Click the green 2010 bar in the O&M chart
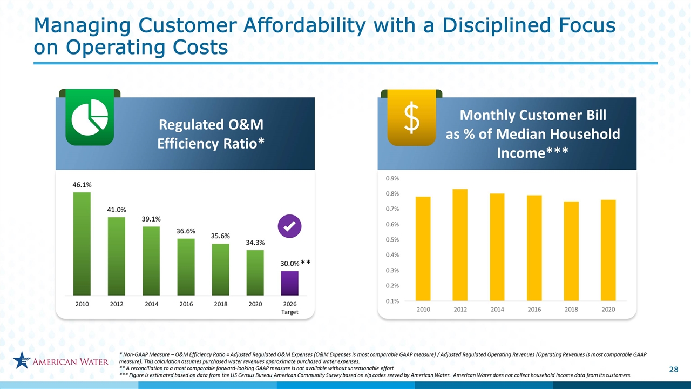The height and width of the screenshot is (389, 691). click(82, 244)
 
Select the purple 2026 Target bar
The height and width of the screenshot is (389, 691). click(289, 283)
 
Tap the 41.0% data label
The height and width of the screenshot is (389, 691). click(117, 210)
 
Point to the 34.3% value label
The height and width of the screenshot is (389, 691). click(255, 243)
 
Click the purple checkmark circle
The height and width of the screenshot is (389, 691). click(290, 226)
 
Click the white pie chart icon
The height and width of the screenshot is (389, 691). click(90, 117)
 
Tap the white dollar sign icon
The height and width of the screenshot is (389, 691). click(412, 118)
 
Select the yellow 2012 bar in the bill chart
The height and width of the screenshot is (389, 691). click(460, 245)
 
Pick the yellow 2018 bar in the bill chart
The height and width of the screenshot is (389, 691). click(571, 251)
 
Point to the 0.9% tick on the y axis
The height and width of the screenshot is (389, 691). click(392, 178)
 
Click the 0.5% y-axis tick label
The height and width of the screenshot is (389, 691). click(392, 239)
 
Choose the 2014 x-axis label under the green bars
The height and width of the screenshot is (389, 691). click(152, 304)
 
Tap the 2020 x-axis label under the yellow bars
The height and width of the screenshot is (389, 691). click(608, 310)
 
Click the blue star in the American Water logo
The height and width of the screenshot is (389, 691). click(22, 360)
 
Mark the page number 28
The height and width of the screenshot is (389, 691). click(674, 370)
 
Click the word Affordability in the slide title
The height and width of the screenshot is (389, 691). click(304, 25)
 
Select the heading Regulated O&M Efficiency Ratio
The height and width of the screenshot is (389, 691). click(211, 134)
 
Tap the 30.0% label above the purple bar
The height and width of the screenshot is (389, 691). click(290, 264)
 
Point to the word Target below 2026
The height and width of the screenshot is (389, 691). click(290, 312)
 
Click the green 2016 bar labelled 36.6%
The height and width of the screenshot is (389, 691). click(186, 267)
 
